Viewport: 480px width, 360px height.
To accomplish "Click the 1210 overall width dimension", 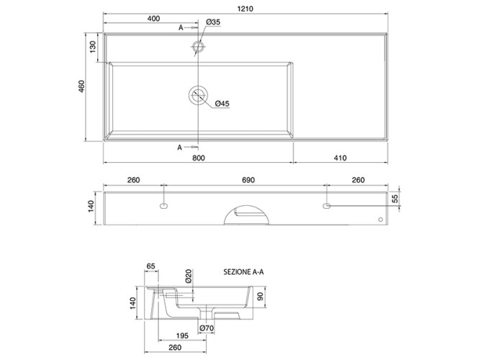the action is [x=245, y=9].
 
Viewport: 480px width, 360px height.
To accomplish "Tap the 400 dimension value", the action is [x=153, y=19].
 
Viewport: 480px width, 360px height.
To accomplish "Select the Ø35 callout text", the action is [x=213, y=22].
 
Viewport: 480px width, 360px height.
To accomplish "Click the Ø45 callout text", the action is [x=222, y=104].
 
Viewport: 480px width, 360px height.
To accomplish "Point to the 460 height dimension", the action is [x=82, y=86].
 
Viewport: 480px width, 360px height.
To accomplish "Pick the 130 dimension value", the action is [x=93, y=47].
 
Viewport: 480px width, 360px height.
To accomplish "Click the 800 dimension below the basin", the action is [x=199, y=158].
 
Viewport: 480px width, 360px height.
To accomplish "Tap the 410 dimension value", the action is [x=340, y=158].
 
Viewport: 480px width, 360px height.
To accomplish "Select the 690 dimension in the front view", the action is [x=248, y=180].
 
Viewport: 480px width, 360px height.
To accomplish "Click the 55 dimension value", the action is [x=395, y=199].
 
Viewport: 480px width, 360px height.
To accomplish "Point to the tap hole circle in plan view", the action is [x=198, y=48].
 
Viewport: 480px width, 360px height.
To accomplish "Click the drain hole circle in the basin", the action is [x=198, y=95].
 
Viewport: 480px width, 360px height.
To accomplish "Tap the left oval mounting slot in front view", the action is [x=164, y=206].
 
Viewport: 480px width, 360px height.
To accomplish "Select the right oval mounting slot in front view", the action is [x=327, y=206].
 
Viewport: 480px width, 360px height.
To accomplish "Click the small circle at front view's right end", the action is [x=381, y=220].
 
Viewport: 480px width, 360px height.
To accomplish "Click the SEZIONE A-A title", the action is [x=243, y=271].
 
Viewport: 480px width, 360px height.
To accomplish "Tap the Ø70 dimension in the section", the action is [x=207, y=328].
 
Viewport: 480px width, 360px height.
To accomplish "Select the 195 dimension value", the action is [x=182, y=336].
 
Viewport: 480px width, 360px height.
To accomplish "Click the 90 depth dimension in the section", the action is [x=261, y=297].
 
